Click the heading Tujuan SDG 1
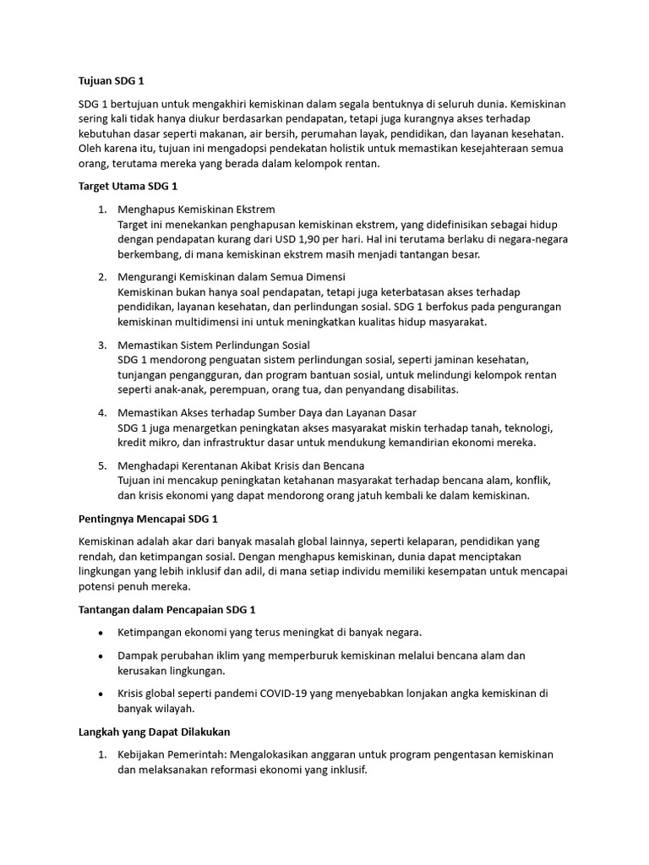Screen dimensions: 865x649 tap(112, 82)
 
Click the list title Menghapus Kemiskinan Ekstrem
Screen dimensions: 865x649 tap(196, 209)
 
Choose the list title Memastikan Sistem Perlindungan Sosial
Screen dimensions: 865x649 tap(214, 345)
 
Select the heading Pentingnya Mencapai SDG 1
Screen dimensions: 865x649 tap(149, 518)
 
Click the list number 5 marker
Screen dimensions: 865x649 tap(101, 465)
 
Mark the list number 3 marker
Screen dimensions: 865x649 tap(101, 345)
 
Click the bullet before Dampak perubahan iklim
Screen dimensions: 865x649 tap(101, 656)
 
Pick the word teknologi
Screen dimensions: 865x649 tap(524, 428)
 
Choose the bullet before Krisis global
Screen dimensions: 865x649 tap(101, 694)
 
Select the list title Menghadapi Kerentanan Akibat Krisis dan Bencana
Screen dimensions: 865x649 tap(241, 465)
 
